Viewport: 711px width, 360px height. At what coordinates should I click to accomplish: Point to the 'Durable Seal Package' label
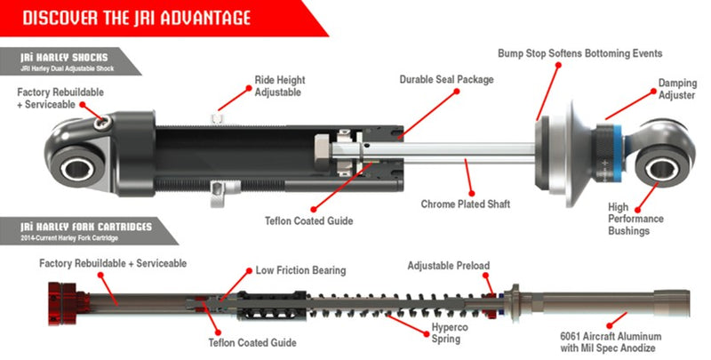[445, 79]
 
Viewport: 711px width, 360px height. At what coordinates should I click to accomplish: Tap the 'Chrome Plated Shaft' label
[474, 204]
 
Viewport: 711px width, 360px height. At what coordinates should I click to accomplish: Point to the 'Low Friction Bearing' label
[300, 269]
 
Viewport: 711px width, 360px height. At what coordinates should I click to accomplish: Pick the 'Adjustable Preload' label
[448, 266]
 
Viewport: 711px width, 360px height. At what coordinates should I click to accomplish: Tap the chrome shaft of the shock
[471, 153]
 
